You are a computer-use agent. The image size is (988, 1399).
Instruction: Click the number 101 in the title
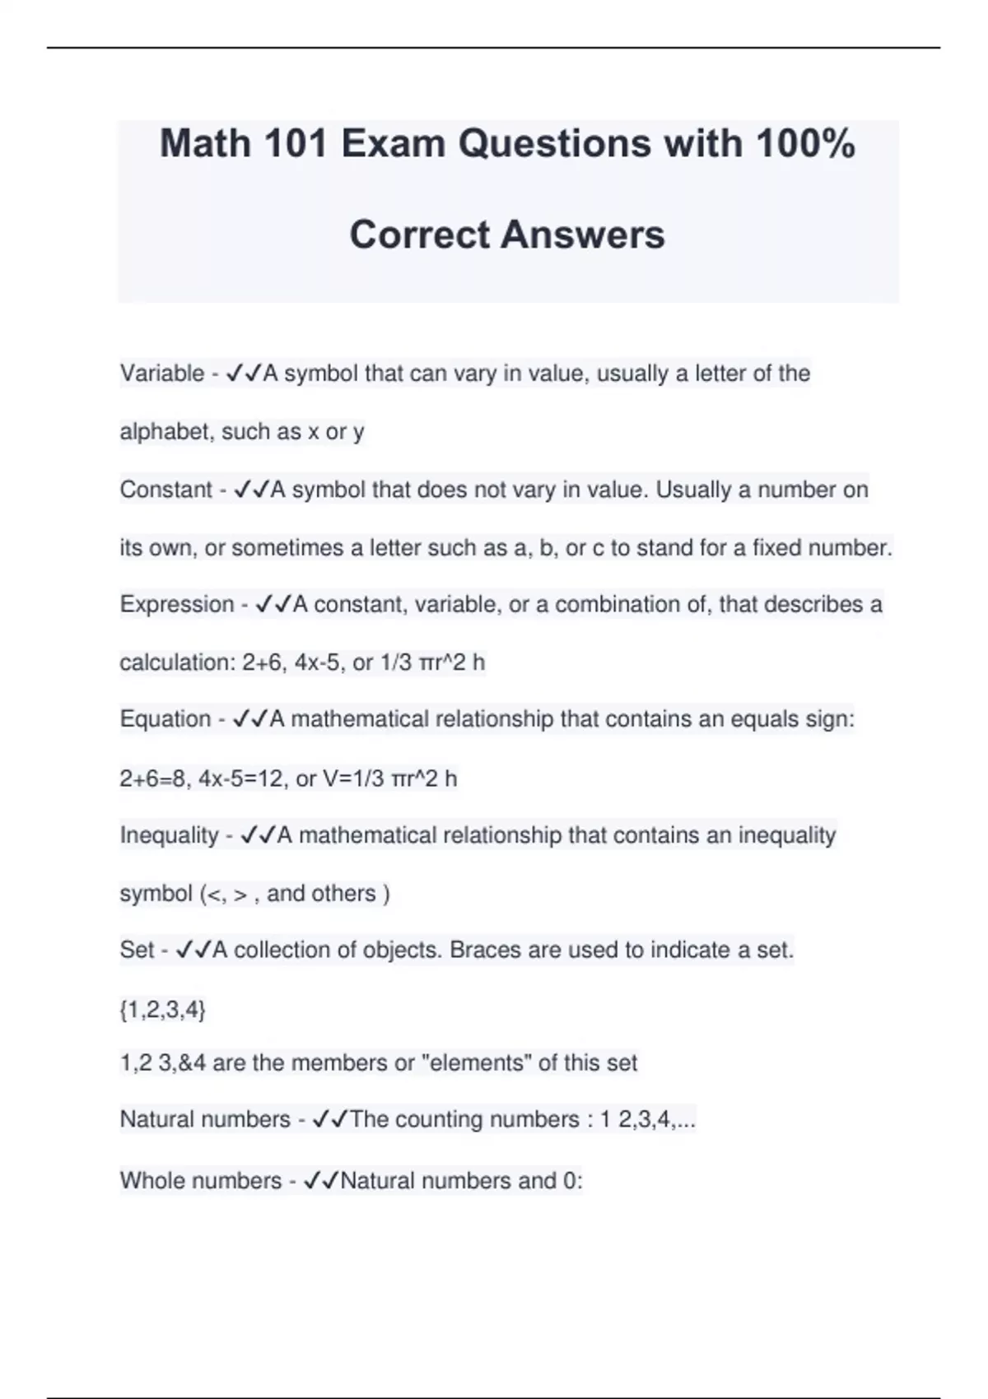tap(291, 144)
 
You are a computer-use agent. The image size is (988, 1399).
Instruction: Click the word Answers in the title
tap(582, 235)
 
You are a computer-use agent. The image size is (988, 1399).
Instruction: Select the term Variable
tap(162, 374)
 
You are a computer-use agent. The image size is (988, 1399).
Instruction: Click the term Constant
tap(166, 490)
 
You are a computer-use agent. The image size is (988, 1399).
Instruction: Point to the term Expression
tap(177, 604)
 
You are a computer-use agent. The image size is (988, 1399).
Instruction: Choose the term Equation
tap(165, 719)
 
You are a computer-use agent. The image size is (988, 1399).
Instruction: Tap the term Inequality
tap(170, 835)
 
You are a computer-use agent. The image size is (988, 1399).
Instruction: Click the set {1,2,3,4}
tap(163, 1009)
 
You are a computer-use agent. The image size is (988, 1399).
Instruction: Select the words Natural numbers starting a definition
tap(205, 1119)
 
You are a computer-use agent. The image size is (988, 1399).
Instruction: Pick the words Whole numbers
tap(201, 1181)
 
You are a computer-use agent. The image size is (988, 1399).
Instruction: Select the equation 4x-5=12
tap(240, 779)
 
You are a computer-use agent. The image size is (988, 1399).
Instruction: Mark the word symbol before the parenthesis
tap(156, 894)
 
